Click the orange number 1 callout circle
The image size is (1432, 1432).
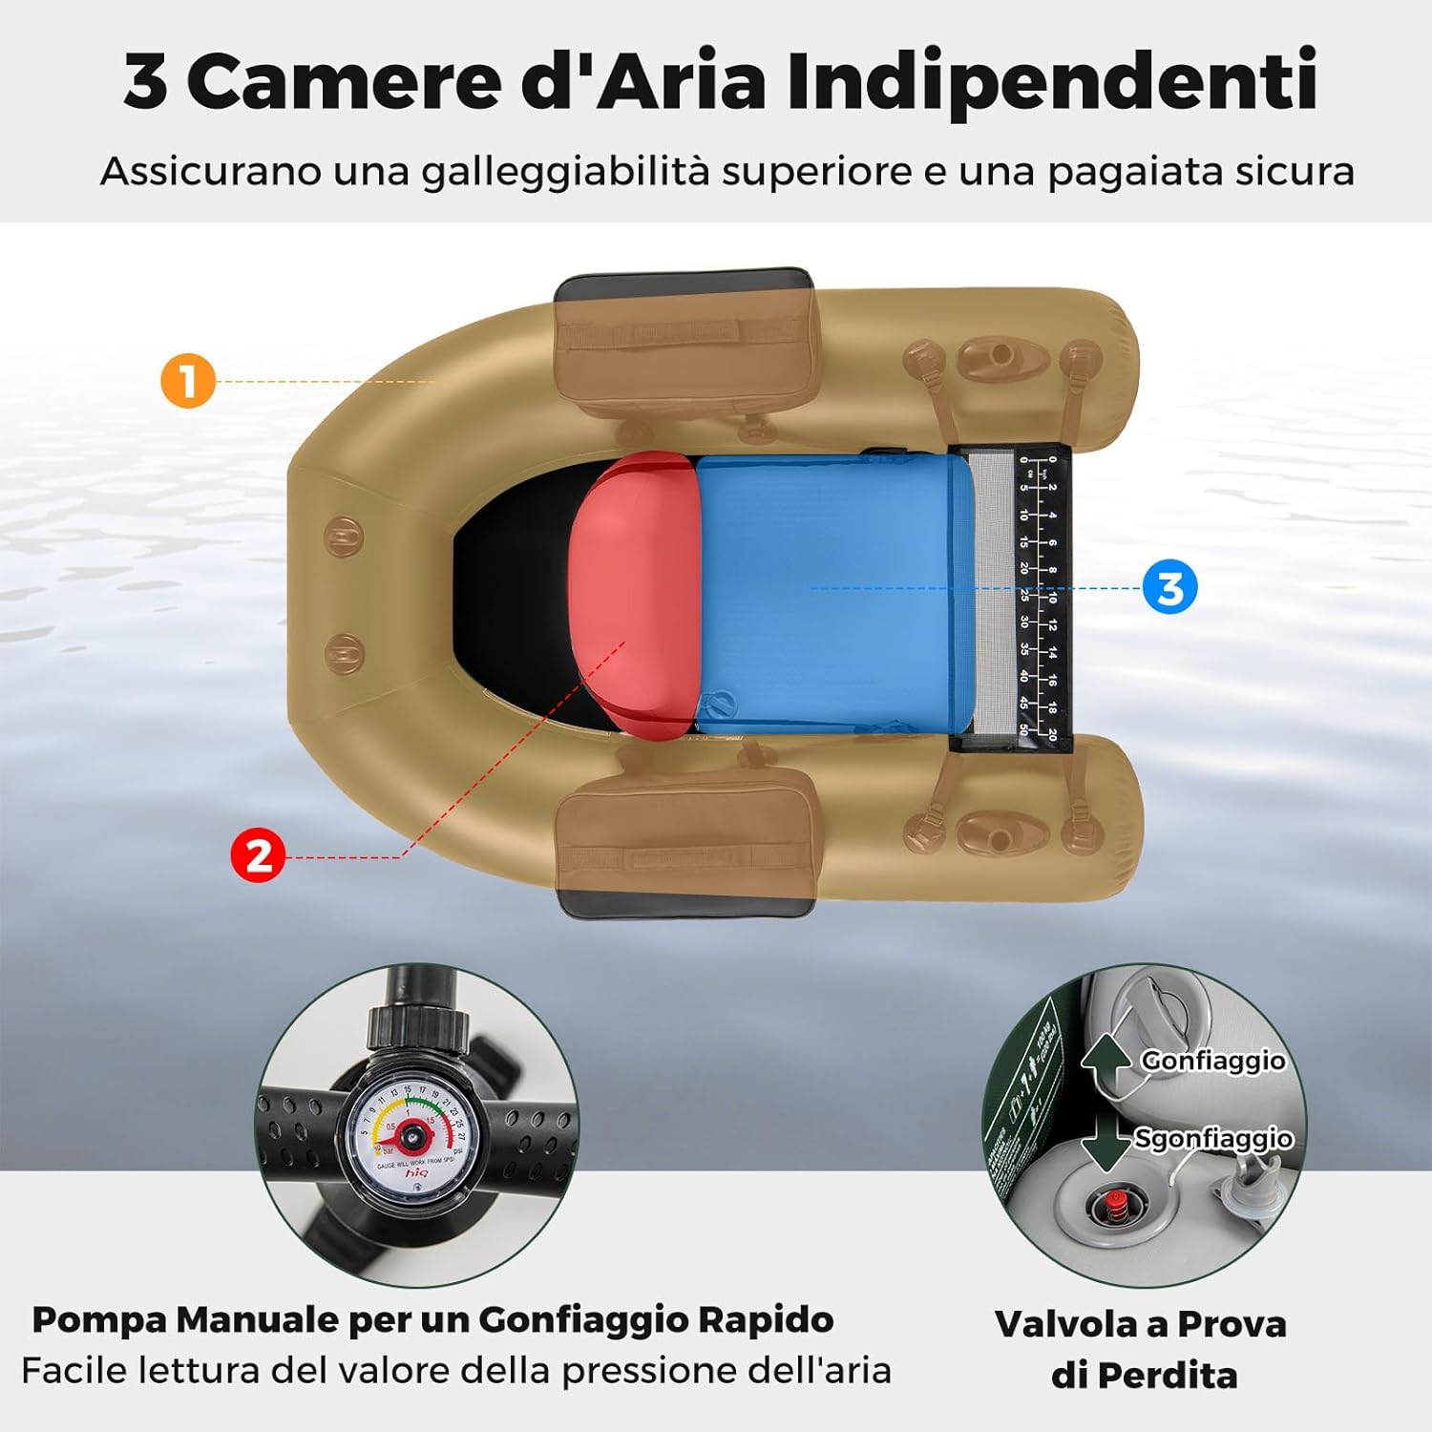[x=188, y=380]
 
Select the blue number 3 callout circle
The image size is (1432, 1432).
[x=1169, y=587]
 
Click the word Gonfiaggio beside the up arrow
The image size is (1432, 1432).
[x=1212, y=1061]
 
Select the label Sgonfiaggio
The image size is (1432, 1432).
[x=1212, y=1139]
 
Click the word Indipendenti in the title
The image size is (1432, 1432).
[x=1051, y=81]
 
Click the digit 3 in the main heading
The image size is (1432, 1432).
[x=146, y=81]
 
